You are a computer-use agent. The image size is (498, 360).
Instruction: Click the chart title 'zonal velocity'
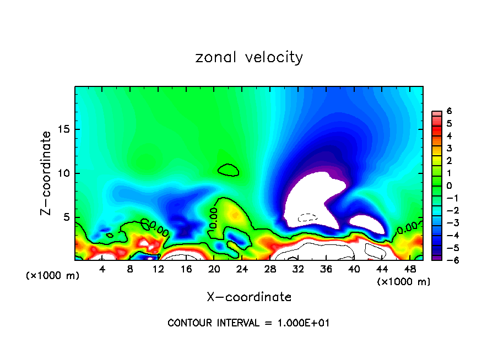point(249,57)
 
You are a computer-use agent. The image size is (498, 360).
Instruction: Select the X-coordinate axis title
point(249,297)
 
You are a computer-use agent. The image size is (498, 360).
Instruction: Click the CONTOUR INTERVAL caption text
point(248,323)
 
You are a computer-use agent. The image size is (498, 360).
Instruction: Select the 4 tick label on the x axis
point(102,269)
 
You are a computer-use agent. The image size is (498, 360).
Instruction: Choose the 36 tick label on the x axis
point(326,269)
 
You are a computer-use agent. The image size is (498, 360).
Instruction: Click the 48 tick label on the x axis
point(410,269)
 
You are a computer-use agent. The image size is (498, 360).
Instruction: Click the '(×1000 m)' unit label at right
point(403,282)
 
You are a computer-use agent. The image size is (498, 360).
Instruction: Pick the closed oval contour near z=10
point(228,170)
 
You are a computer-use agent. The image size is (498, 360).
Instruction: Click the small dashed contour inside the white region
point(308,217)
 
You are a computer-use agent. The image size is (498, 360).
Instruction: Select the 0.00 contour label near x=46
point(408,227)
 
